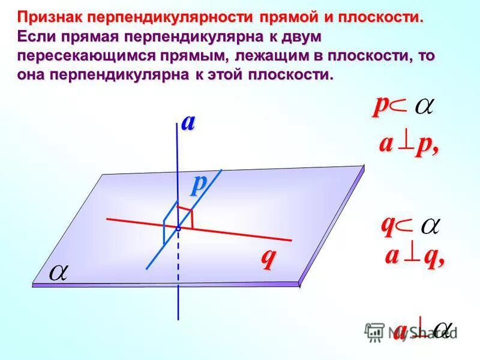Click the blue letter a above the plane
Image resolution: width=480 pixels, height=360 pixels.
(188, 122)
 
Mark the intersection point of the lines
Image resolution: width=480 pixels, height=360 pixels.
(178, 229)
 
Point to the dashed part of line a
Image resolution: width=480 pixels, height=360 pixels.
(178, 258)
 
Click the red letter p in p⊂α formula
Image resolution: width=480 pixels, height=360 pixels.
(380, 106)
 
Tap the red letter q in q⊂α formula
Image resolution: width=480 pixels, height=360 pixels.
(388, 225)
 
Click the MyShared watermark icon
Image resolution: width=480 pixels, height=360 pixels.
(374, 332)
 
